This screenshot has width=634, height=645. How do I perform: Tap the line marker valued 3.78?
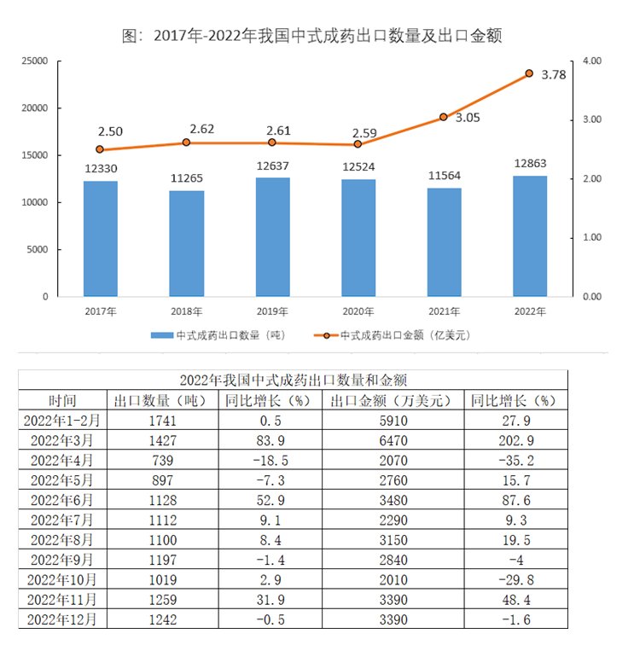[529, 73]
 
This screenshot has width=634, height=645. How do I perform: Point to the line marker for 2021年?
[444, 117]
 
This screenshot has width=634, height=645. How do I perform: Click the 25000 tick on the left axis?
[35, 61]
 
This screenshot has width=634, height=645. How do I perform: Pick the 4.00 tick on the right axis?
[593, 61]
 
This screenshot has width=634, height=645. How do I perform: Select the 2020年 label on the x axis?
[358, 311]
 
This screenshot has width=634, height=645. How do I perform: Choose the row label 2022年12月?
[62, 620]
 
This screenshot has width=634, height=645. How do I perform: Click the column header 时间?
[62, 399]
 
